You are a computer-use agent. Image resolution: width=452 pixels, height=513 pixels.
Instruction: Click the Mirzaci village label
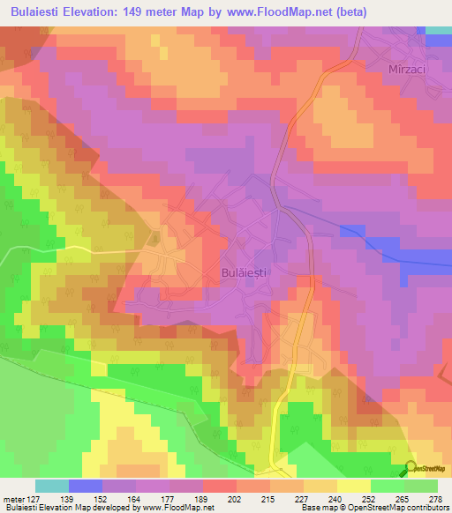coord(407,68)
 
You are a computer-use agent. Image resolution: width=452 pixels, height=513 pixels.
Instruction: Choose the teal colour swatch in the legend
coord(52,486)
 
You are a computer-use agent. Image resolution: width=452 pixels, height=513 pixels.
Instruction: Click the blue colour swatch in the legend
coord(86,486)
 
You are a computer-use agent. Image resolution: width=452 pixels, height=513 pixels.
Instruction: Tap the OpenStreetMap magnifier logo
coord(411,468)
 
